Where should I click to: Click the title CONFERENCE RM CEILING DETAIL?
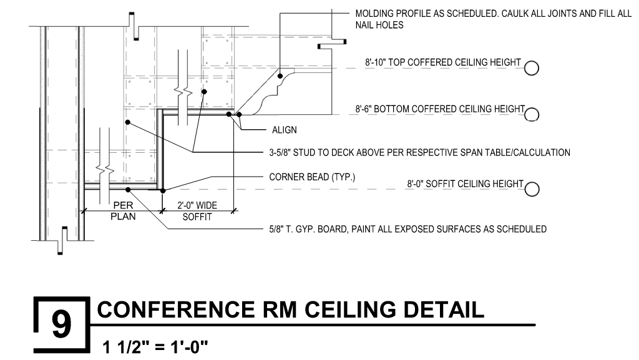(291, 310)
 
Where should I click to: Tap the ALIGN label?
(284, 130)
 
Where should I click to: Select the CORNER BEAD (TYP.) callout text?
(312, 177)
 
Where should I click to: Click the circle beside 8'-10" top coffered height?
(532, 68)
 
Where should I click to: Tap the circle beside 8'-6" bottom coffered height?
(532, 114)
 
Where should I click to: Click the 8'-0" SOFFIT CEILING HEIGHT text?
(464, 184)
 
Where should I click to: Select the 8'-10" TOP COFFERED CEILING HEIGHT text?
(442, 62)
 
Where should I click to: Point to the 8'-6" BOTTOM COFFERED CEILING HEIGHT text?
(444, 109)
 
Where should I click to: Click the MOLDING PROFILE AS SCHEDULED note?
(493, 13)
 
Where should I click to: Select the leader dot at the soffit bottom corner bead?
(162, 190)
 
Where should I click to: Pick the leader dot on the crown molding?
(281, 70)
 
